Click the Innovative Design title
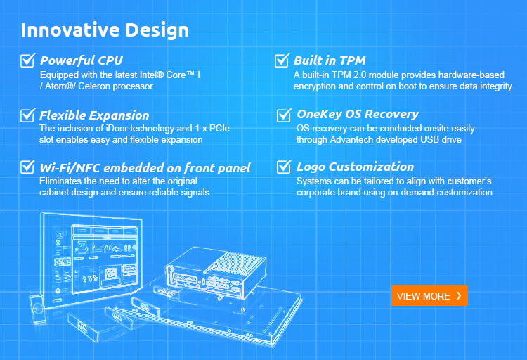click(105, 30)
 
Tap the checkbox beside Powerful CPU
click(27, 60)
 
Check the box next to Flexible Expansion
click(27, 115)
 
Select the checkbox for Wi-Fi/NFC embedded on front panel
click(27, 167)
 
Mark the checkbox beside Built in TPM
click(282, 60)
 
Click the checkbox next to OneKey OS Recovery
click(284, 115)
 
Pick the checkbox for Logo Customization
click(284, 167)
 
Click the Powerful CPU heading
click(82, 60)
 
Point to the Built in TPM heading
click(330, 60)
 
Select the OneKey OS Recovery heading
click(358, 115)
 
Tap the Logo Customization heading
click(355, 167)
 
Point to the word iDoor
click(117, 128)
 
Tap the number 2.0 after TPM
click(360, 75)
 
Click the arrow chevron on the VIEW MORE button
click(459, 296)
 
